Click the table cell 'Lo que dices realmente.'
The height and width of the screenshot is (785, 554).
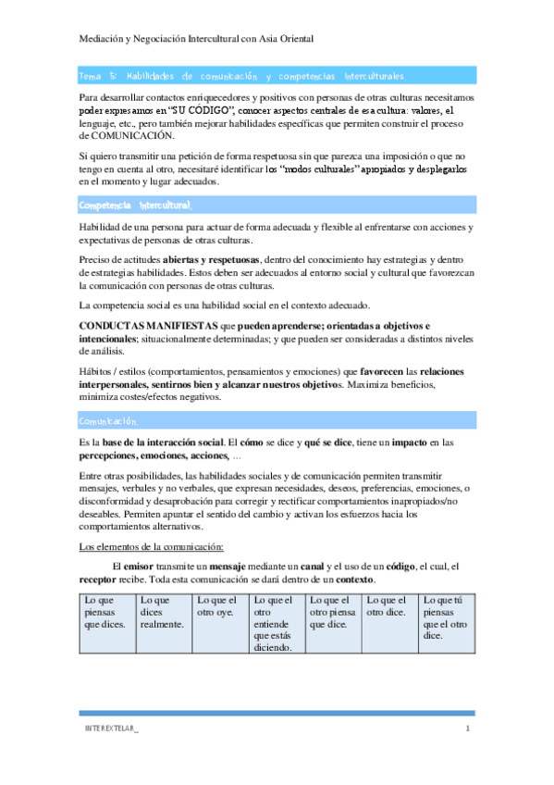pyautogui.click(x=163, y=611)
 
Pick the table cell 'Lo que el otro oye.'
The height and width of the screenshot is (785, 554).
pyautogui.click(x=219, y=605)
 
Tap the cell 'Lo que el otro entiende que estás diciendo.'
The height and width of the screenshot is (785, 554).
pyautogui.click(x=275, y=623)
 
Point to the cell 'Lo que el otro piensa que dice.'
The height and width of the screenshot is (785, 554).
pyautogui.click(x=331, y=611)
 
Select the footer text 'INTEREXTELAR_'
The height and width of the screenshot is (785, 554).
pyautogui.click(x=111, y=731)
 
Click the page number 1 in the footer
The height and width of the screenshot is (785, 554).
pyautogui.click(x=468, y=731)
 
